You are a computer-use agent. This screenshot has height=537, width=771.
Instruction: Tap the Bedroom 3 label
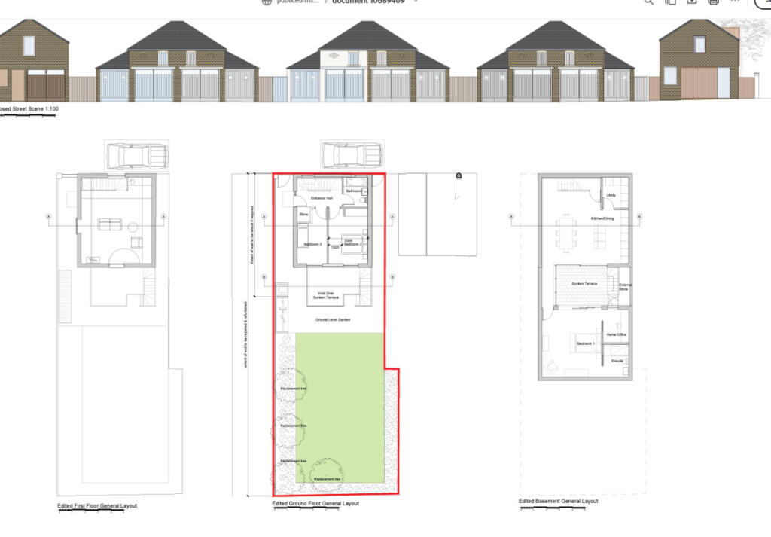[x=312, y=245]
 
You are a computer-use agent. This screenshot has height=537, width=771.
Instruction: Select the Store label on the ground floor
[x=304, y=215]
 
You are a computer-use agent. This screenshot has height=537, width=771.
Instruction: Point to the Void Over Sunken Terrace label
[x=326, y=295]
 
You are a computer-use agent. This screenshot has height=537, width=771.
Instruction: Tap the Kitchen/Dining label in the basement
[x=602, y=218]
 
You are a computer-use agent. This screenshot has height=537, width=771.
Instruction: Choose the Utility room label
[x=611, y=195]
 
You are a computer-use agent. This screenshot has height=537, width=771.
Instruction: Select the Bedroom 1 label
[x=586, y=343]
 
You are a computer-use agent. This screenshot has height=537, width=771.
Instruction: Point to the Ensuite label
[x=616, y=362]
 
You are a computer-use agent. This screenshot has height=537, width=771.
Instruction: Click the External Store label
[x=625, y=286]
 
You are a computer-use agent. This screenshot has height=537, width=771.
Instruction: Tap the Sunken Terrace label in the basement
[x=584, y=284]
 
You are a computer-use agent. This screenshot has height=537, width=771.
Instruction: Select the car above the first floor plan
[x=136, y=156]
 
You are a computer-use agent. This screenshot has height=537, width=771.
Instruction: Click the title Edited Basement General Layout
[x=558, y=501]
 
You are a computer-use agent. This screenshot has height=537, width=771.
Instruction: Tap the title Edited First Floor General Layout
[x=97, y=505]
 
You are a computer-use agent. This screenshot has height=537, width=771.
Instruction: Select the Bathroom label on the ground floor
[x=354, y=191]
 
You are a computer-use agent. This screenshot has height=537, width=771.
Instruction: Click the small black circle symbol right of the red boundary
[x=459, y=175]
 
